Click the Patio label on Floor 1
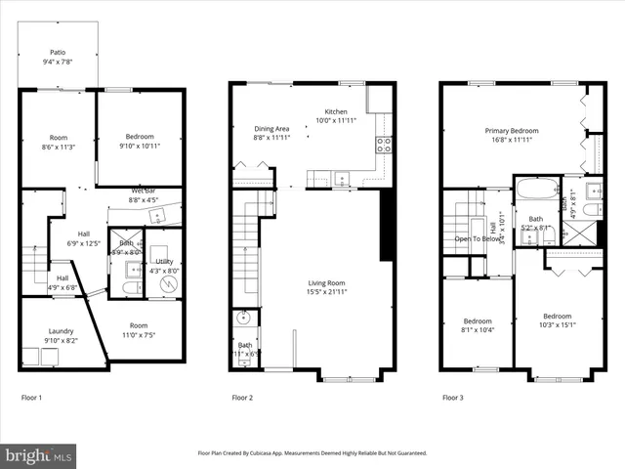(60, 53)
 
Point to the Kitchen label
(337, 111)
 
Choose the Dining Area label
(271, 129)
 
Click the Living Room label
(326, 282)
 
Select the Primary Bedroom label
(512, 130)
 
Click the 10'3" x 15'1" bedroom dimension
(558, 325)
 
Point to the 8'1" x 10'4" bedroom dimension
(478, 330)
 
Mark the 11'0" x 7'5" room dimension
(138, 335)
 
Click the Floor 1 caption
(31, 398)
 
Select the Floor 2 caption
(242, 398)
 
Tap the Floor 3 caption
(453, 398)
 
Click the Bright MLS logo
(39, 455)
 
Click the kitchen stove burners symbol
(384, 145)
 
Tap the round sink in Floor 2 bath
(242, 318)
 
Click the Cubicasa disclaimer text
(312, 452)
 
